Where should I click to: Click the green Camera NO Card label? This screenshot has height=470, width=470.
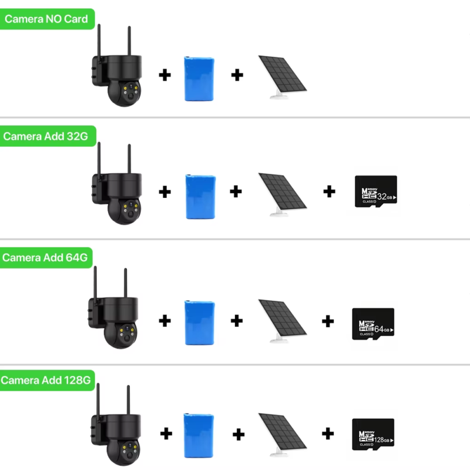[47, 19]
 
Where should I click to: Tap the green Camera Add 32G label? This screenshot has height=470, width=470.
[48, 136]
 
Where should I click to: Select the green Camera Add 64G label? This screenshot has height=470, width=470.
[46, 257]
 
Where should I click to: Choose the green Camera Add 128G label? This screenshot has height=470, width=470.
[47, 380]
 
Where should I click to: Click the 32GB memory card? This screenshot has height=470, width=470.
[376, 192]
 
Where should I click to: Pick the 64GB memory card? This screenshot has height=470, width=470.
[373, 324]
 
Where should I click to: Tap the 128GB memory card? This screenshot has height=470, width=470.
[373, 434]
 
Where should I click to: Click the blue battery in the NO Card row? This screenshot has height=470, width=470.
[199, 79]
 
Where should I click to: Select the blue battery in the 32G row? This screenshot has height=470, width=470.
[200, 197]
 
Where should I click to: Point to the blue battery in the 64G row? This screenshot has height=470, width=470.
[199, 323]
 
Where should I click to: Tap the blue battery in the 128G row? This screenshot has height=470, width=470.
[199, 435]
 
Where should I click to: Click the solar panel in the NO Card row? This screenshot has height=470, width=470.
[283, 77]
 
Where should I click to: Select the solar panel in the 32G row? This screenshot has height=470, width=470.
[283, 194]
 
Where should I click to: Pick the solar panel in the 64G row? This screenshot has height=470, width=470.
[283, 321]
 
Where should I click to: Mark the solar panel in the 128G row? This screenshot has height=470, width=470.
[283, 435]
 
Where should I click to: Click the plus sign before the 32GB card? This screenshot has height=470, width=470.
[329, 192]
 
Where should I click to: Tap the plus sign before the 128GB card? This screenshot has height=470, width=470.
[328, 434]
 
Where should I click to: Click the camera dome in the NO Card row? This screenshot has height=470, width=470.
[124, 93]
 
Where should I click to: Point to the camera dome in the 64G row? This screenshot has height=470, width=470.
[120, 335]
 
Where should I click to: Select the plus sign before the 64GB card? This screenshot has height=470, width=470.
[328, 321]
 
